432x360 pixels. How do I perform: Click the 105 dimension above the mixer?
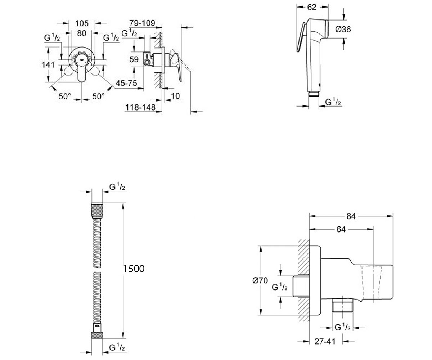[x=82, y=23]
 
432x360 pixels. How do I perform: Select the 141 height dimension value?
[x=48, y=65]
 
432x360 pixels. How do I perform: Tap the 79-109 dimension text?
[x=142, y=23]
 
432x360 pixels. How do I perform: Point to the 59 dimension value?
[x=134, y=59]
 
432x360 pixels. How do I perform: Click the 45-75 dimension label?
[x=126, y=83]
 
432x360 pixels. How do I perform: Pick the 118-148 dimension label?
[x=140, y=107]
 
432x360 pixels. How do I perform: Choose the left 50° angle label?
[x=65, y=96]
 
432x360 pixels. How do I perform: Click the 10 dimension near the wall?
[x=175, y=96]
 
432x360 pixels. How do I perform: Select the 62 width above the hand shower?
[x=312, y=8]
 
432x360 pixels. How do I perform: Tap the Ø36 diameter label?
[x=343, y=30]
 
